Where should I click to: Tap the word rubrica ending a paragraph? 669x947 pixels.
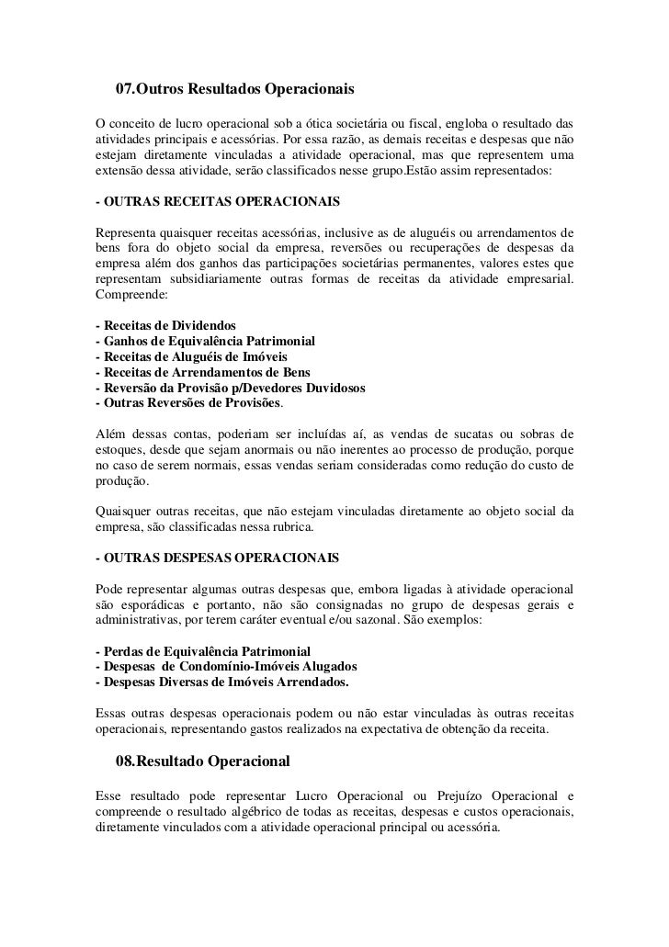[x=291, y=527]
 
